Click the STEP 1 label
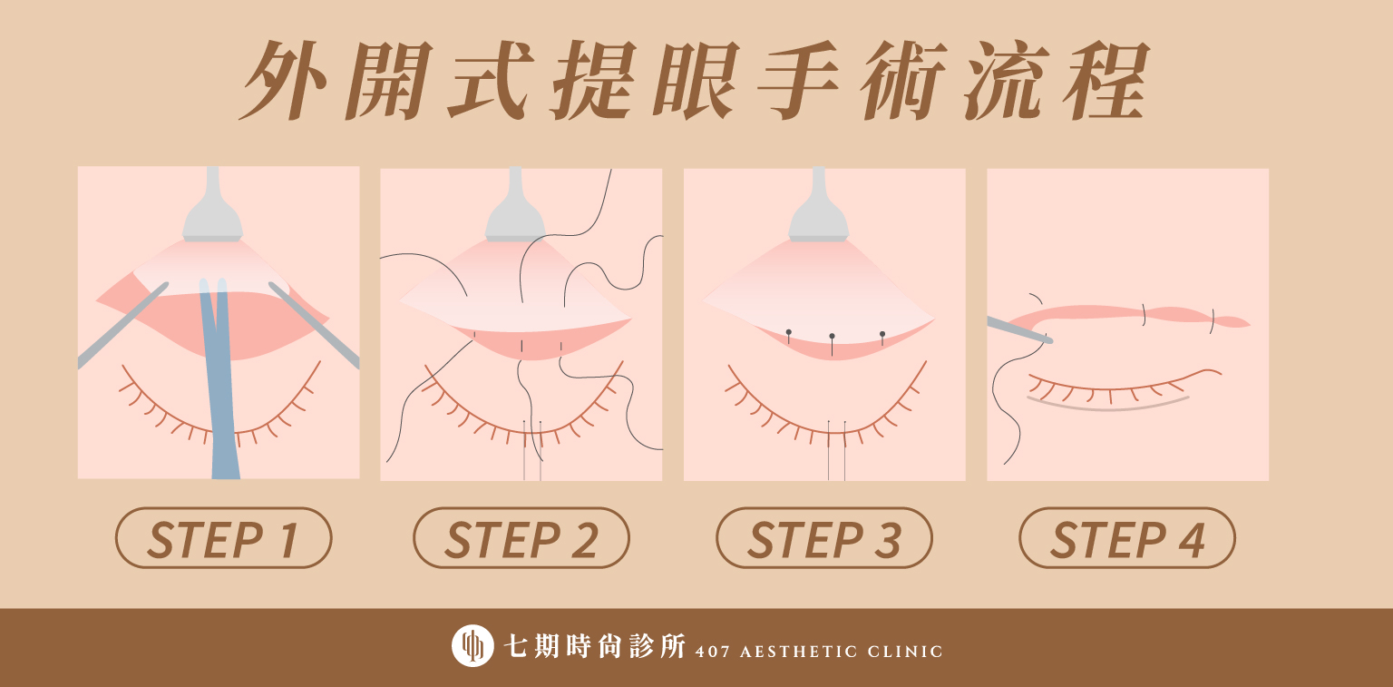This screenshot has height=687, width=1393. (223, 538)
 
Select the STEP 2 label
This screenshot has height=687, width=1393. (521, 538)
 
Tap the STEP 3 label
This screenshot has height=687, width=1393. (824, 538)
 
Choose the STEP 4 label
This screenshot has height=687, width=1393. (1127, 538)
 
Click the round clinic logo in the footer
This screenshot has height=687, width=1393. (472, 646)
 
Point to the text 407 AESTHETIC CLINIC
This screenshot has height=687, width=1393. (819, 652)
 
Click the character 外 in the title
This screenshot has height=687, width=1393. (283, 80)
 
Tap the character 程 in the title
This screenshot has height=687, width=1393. (1106, 80)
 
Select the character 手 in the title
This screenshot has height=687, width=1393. (798, 80)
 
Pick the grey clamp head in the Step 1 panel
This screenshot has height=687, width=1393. (213, 205)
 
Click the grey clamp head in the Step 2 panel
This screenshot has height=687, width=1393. (515, 205)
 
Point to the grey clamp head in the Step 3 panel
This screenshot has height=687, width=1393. (819, 205)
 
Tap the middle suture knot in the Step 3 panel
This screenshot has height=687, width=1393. (832, 337)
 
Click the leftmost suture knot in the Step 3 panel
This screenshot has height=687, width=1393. (788, 333)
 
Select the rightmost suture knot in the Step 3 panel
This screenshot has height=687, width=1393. (882, 335)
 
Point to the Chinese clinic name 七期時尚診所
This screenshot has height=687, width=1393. (595, 646)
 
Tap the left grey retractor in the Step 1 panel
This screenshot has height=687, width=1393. (122, 326)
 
